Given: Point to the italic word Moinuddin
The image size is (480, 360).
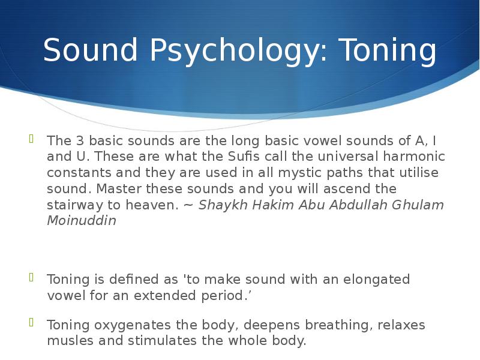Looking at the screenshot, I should [82, 221].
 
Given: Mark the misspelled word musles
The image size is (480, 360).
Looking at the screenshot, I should [67, 341].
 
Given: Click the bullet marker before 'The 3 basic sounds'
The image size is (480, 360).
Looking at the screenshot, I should [32, 139].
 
